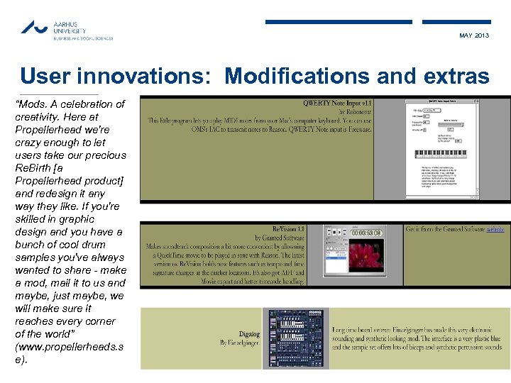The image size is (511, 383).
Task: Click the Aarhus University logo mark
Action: [x=33, y=27]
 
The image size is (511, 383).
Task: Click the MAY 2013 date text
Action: [x=473, y=35]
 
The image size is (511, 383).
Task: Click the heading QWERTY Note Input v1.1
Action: [x=337, y=103]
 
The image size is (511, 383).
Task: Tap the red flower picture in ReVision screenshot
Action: [x=366, y=259]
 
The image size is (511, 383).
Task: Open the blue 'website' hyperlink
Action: [x=495, y=229]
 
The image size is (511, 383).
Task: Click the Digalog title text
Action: [x=248, y=334]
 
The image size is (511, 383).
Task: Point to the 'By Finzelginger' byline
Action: [x=240, y=343]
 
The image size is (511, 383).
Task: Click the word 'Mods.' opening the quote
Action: [x=31, y=104]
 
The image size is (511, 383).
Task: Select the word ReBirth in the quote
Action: [x=33, y=167]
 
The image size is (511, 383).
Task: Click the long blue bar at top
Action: [x=339, y=22]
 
